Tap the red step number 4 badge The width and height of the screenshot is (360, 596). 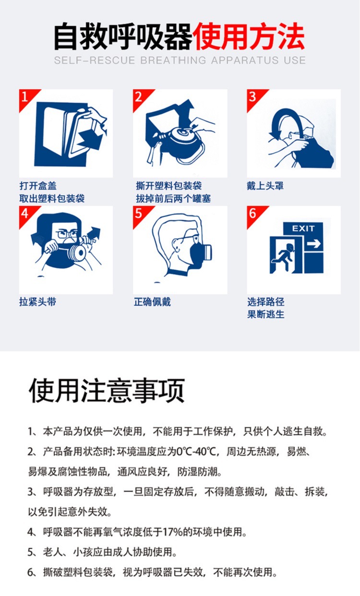point(25,214)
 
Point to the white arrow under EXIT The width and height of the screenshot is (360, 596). point(313,244)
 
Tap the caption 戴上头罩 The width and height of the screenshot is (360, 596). point(265,185)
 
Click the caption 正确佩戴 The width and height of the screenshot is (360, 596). point(152,302)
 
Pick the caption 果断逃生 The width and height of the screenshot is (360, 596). point(266,314)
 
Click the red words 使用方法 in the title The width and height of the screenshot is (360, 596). point(249,37)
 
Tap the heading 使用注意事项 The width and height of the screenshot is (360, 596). point(107,391)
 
